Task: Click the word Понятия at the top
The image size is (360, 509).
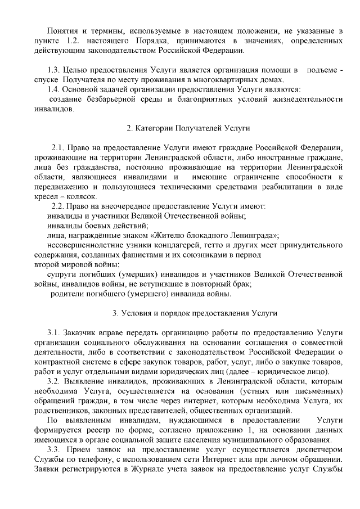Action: (x=62, y=29)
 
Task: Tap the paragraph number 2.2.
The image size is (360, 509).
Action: (x=59, y=206)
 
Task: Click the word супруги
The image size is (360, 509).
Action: (x=61, y=274)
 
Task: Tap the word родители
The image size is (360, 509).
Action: (x=67, y=293)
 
